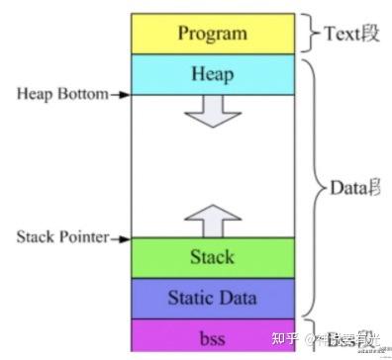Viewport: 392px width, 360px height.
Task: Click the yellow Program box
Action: pos(212,34)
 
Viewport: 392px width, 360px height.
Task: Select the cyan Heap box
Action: pos(212,74)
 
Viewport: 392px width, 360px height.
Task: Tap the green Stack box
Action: pos(212,257)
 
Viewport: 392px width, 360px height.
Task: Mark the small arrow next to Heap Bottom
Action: pos(119,95)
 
